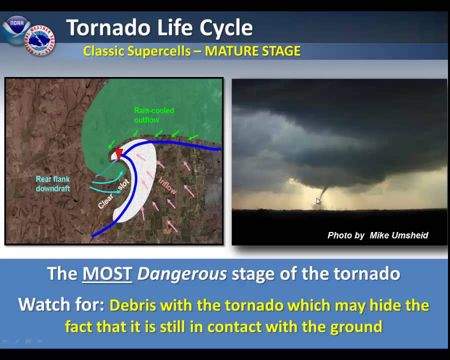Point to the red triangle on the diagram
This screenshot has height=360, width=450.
click(x=118, y=154)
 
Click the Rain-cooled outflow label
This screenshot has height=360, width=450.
click(x=153, y=115)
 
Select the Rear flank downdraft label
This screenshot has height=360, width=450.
click(x=52, y=183)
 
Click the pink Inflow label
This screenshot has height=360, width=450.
click(x=167, y=185)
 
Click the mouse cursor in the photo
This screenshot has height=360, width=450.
click(x=318, y=201)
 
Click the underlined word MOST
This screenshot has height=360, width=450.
click(x=107, y=274)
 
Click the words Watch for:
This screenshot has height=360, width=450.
click(x=61, y=304)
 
